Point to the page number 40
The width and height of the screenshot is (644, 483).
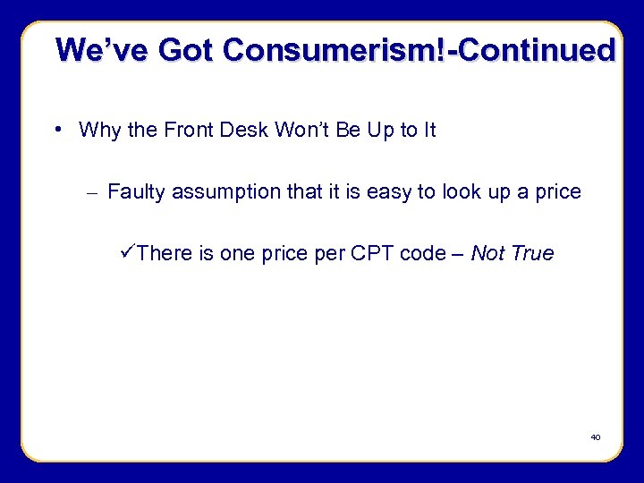(595, 437)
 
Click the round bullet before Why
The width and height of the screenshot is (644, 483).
(57, 130)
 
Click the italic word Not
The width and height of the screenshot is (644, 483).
(487, 254)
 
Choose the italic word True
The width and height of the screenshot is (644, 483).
(532, 254)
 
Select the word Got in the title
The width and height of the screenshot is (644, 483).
(187, 49)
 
